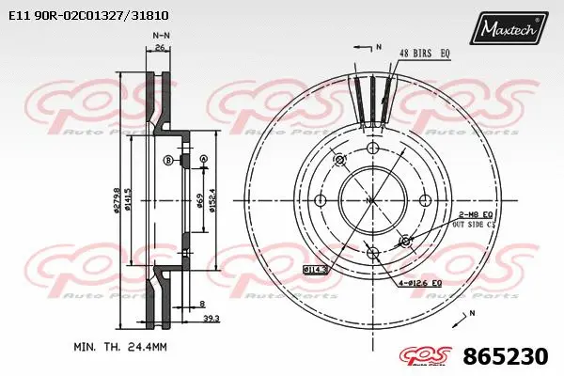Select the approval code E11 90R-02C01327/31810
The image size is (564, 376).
point(88,16)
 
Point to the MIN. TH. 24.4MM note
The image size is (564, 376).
point(119,347)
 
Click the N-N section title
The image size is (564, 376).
point(162,35)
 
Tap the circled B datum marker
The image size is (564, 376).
point(168,161)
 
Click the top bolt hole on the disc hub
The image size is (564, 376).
point(372,149)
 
